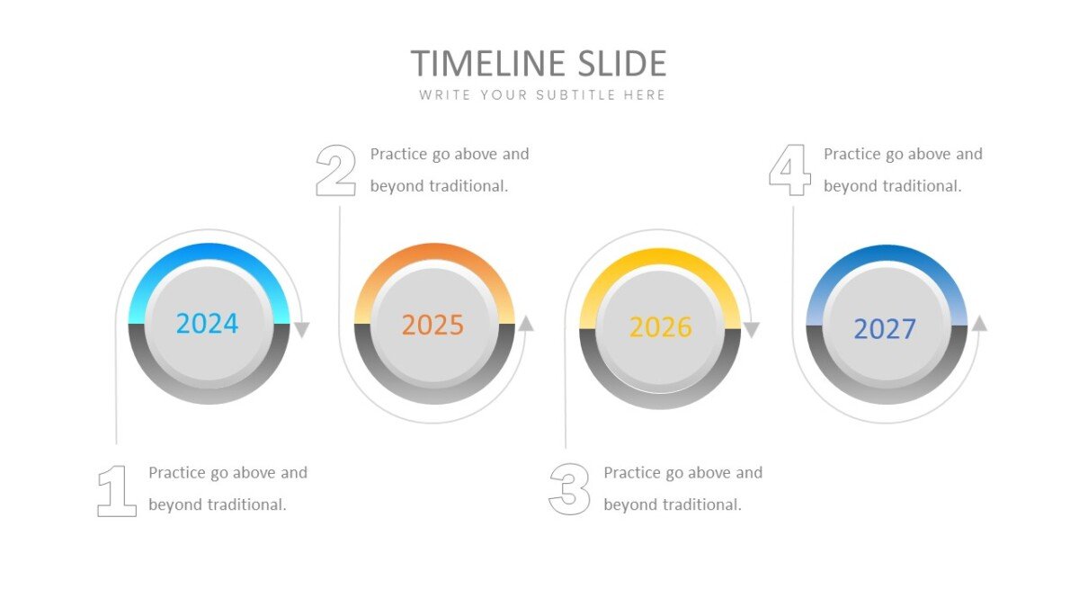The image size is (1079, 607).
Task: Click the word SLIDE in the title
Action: (622, 63)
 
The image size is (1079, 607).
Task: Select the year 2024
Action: (207, 323)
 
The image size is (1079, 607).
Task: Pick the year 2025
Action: (433, 325)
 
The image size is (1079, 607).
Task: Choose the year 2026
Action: (660, 327)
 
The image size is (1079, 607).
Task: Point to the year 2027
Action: (885, 329)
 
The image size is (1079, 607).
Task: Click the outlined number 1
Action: (117, 491)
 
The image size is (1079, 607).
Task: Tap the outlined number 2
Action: (335, 171)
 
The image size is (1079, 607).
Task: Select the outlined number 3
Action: (569, 489)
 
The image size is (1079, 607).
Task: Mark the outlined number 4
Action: (790, 170)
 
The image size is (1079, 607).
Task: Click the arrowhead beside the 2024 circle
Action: (302, 329)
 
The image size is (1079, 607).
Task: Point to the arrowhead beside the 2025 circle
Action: (526, 323)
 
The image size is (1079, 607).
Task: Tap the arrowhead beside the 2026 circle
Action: (752, 329)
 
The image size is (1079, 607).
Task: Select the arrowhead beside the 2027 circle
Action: (979, 323)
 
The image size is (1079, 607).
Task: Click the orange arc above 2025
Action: (434, 253)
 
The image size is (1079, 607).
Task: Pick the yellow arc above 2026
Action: (660, 257)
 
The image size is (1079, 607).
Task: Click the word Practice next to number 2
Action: (398, 154)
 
